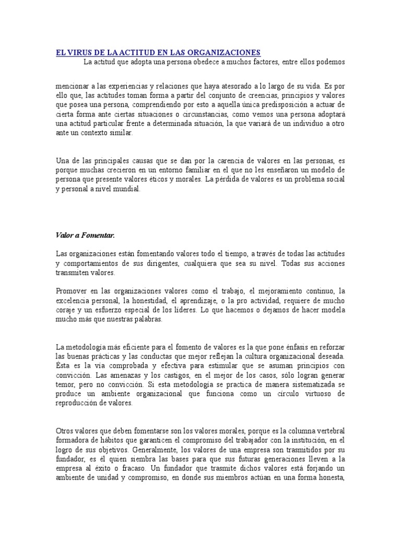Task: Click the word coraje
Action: pyautogui.click(x=66, y=310)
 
